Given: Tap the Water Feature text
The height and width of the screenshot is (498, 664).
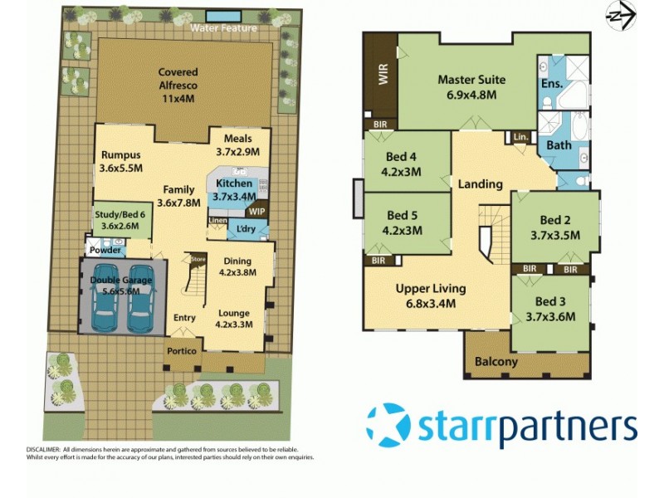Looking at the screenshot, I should tap(223, 28).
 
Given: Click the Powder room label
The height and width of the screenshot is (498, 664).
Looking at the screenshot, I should tap(106, 250).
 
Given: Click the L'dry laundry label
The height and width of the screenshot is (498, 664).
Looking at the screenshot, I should tap(247, 229).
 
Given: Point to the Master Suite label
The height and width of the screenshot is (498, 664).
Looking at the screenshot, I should tap(471, 87).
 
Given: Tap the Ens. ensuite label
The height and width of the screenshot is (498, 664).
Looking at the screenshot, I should tap(551, 84).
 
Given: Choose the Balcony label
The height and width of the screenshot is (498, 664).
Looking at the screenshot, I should tap(496, 362).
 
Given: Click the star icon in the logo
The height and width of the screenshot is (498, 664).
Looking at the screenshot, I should tap(388, 426).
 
